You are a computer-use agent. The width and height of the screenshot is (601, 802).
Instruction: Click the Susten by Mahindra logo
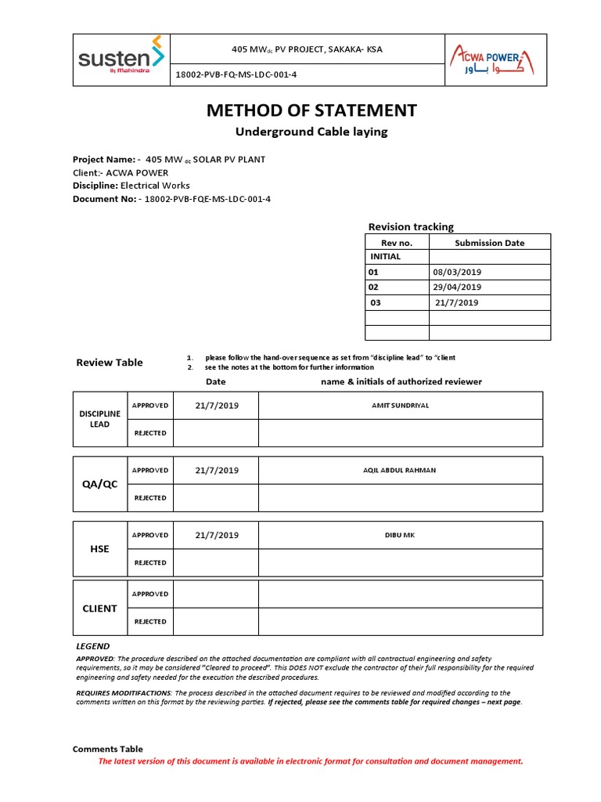pos(121,58)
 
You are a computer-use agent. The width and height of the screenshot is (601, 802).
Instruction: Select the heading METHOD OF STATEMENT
pos(311,110)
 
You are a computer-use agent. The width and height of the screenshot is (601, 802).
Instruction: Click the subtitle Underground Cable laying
pos(311,132)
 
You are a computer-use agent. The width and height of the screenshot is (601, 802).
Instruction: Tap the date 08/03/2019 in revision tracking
pos(457,272)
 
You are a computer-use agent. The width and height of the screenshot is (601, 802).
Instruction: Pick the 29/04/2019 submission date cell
pos(457,287)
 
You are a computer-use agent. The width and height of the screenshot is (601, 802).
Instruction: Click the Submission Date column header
pos(489,243)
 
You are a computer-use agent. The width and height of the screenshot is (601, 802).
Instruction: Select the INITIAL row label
pos(385,256)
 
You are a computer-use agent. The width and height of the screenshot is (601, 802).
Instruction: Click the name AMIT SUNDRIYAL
pos(400,406)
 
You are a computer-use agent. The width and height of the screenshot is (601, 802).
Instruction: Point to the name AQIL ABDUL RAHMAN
pos(400,470)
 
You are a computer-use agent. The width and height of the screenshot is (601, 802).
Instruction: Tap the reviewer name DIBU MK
pos(400,535)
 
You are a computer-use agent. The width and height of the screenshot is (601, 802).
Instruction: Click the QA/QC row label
pos(100,484)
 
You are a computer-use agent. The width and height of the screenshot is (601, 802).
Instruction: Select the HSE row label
pos(100,549)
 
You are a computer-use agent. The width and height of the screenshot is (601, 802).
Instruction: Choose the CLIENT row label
pos(100,608)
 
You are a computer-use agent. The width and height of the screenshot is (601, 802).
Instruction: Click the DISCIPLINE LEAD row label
pos(100,419)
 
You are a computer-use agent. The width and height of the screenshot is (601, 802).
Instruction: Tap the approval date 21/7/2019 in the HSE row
pos(216,535)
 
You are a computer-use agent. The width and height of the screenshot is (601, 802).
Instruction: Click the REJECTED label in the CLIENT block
pos(149,621)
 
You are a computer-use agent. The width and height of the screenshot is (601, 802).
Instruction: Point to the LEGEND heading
pos(92,646)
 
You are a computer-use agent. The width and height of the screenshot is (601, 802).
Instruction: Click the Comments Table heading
pos(108,749)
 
